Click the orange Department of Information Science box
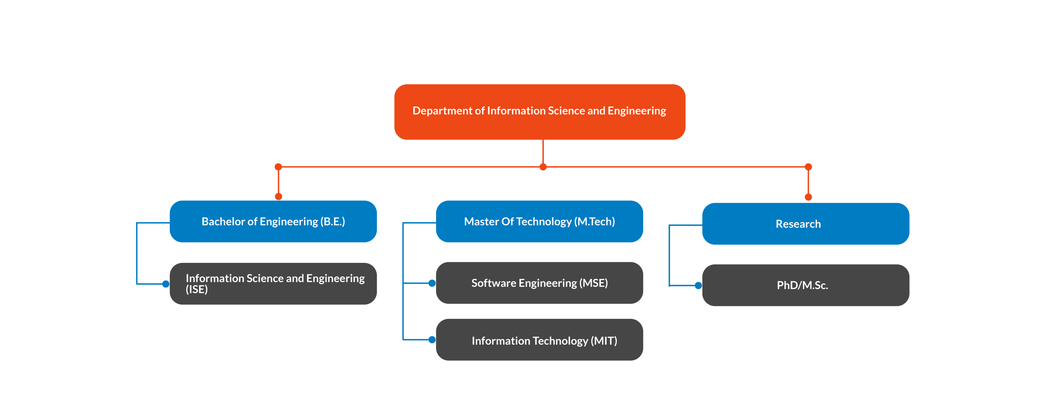click(x=540, y=112)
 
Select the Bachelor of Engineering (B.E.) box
click(x=273, y=221)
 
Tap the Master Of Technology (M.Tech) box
click(x=539, y=221)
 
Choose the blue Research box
click(x=805, y=224)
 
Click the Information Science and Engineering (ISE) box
click(x=273, y=284)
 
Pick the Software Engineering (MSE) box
click(x=539, y=283)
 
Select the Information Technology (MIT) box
click(x=539, y=340)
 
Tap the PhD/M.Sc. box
click(x=805, y=285)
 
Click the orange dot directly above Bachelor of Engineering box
click(x=279, y=197)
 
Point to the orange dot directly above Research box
click(x=808, y=197)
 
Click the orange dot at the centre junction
click(x=543, y=167)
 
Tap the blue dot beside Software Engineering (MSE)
click(x=432, y=283)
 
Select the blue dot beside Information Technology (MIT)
click(x=432, y=340)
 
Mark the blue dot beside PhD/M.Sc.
click(x=698, y=285)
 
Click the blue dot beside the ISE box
click(x=166, y=284)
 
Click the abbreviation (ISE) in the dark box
click(x=197, y=290)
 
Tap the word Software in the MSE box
click(x=493, y=283)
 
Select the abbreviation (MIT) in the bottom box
click(x=604, y=341)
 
